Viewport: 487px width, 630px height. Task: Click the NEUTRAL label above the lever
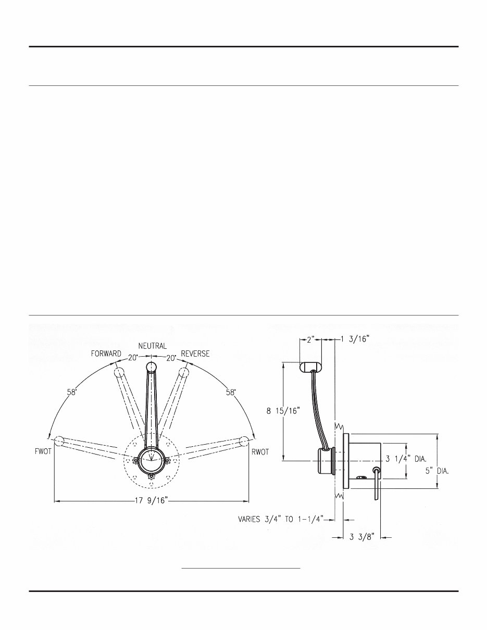[x=153, y=346]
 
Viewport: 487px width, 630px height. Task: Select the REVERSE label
[x=195, y=354]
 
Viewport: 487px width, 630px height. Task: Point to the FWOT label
[x=40, y=452]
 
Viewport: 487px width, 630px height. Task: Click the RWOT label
[x=260, y=452]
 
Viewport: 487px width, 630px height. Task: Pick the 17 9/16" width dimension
[x=151, y=502]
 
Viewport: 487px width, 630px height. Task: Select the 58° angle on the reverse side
[x=230, y=393]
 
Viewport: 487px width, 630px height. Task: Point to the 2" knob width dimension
[x=311, y=339]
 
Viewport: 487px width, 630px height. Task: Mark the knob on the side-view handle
[x=311, y=366]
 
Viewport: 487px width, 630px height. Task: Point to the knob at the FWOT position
[x=59, y=441]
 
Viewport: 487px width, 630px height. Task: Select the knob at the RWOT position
[x=243, y=441]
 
